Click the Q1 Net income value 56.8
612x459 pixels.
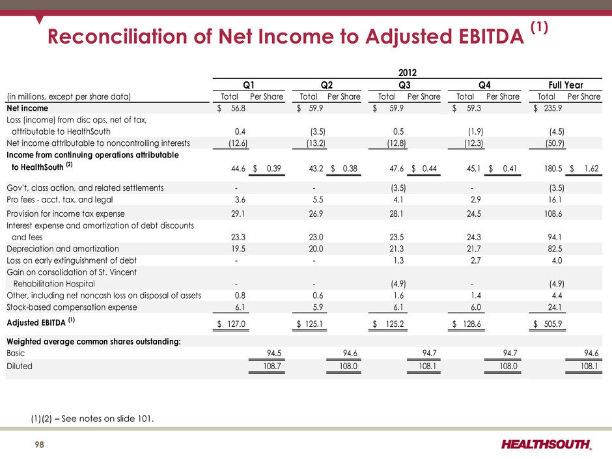click(238, 109)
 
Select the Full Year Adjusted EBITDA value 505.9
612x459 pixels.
click(553, 324)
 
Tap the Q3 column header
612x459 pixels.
click(404, 85)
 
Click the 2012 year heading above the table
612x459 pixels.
click(407, 73)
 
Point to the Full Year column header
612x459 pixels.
click(566, 85)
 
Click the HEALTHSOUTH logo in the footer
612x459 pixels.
click(546, 444)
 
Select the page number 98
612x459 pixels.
click(40, 445)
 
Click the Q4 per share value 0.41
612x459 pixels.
click(510, 169)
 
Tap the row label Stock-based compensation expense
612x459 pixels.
click(72, 307)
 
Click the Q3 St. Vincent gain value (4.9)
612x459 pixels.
click(398, 284)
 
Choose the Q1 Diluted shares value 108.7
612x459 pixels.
click(272, 367)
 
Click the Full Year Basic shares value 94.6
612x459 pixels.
click(591, 354)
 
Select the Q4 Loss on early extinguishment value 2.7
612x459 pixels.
click(475, 260)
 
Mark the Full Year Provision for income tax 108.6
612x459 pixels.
click(553, 214)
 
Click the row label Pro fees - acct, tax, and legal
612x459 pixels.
click(60, 200)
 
